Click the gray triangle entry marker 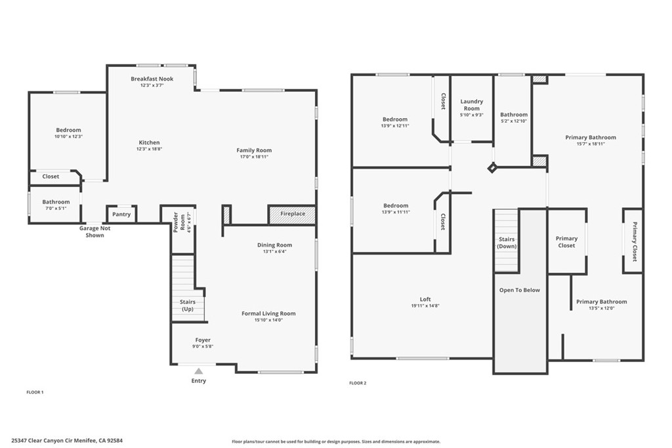[198, 371]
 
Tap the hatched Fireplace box [292, 214]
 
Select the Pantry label [121, 214]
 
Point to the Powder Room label [179, 222]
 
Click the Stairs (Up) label [188, 306]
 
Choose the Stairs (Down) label [507, 243]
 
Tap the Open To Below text [520, 290]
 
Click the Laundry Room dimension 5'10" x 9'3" [471, 115]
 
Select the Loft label [425, 299]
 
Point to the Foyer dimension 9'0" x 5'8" [203, 346]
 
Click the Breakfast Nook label [152, 79]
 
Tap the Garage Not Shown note [94, 232]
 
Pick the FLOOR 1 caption [35, 392]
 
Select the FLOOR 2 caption [358, 383]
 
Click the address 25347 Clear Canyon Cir [42, 440]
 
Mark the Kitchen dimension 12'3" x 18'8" [149, 149]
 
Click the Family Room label [254, 150]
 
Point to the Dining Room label [275, 245]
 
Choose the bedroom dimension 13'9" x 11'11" [396, 212]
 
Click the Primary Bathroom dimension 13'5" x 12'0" [602, 308]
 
